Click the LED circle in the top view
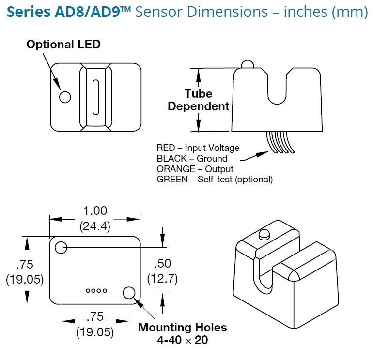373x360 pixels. (64, 97)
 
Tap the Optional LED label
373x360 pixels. (63, 45)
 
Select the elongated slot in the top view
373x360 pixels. (96, 97)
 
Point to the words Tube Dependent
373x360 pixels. (199, 100)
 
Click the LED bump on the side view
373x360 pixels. (247, 64)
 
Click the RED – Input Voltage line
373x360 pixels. (198, 148)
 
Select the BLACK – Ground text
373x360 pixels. (192, 159)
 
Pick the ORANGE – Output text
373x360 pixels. (195, 169)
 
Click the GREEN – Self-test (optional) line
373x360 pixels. (215, 180)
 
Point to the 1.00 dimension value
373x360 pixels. (94, 211)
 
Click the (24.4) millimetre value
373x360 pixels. (94, 225)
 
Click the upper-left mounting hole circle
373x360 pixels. (61, 248)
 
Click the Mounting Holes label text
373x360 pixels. (182, 328)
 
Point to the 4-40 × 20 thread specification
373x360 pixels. (182, 340)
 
